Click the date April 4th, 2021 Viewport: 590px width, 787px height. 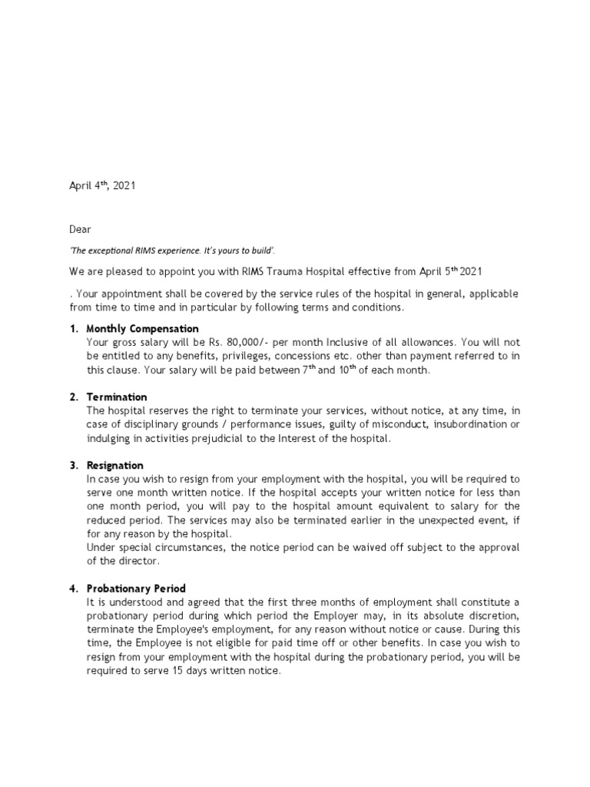[x=103, y=186]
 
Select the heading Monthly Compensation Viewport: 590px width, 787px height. [x=142, y=329]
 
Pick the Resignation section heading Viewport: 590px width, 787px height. [x=115, y=465]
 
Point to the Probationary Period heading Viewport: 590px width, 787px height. [x=136, y=589]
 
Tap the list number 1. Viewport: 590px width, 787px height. [x=73, y=329]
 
